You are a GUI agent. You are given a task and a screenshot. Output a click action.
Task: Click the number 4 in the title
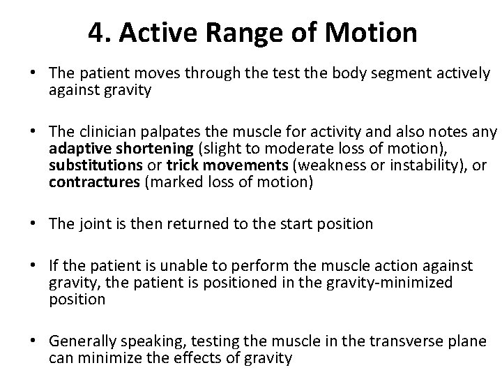[x=98, y=32]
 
